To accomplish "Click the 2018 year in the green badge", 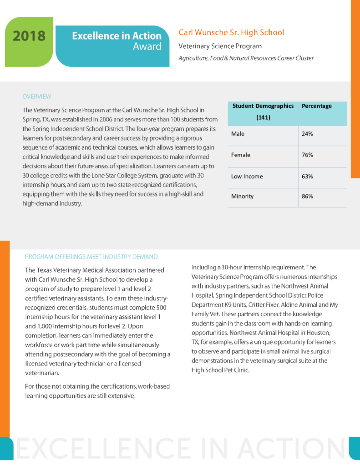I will (x=29, y=36).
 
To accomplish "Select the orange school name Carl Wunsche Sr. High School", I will (x=231, y=32).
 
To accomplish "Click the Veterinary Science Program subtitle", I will (x=220, y=46).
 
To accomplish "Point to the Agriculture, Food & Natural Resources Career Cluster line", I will (x=246, y=58).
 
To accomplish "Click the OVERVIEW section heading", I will (x=37, y=96).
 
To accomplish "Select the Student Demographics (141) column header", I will (x=263, y=111).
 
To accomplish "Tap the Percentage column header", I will (x=317, y=106).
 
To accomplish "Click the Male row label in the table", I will (x=238, y=134).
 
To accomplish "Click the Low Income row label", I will (x=247, y=176).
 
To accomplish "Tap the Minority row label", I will (x=243, y=197).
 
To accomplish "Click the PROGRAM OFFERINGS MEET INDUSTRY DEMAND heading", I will (x=91, y=257).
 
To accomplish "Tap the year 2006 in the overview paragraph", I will (x=112, y=119).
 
